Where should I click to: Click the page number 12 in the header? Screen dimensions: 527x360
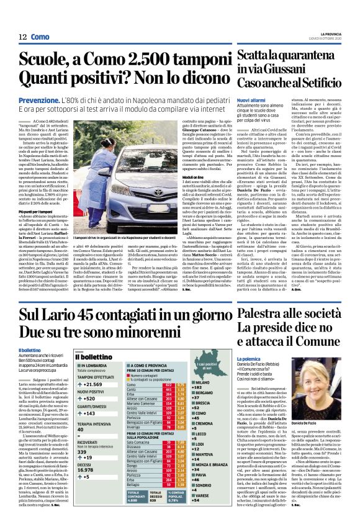22,37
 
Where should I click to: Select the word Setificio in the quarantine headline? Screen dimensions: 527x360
324,83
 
